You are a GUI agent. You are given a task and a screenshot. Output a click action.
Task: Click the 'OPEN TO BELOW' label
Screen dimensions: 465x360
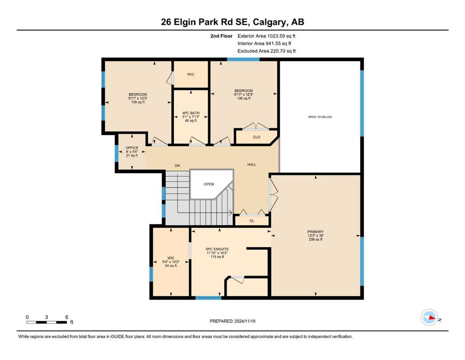point(320,117)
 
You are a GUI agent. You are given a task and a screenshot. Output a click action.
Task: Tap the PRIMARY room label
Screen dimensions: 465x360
point(315,235)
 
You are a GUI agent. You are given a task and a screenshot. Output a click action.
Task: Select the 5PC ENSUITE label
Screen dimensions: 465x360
point(217,253)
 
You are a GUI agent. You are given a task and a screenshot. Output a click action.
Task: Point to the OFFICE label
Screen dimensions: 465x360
point(132,151)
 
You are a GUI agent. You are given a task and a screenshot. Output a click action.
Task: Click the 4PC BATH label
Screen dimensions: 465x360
point(191,117)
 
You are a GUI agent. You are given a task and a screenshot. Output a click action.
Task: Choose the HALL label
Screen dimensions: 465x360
point(252,165)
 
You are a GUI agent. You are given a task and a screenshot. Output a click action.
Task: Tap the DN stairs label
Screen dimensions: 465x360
point(177,165)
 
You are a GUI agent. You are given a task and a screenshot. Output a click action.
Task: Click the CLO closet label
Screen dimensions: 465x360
point(257,137)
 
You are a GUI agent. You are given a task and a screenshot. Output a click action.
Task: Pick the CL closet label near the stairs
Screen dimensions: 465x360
point(252,221)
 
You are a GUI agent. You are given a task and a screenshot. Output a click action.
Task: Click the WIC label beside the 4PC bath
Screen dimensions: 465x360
point(191,75)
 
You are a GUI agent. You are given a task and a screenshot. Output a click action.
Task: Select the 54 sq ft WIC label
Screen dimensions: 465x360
point(171,262)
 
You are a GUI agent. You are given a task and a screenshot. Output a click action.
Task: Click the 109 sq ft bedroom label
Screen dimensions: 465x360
point(138,98)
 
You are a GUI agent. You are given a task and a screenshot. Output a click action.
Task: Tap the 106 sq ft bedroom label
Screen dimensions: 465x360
point(244,94)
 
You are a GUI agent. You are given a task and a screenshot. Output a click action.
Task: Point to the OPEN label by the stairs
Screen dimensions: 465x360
point(209,184)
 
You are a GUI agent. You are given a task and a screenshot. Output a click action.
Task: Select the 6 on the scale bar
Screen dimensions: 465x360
point(66,317)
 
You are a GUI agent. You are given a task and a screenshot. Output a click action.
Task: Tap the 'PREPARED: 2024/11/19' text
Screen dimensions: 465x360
point(232,321)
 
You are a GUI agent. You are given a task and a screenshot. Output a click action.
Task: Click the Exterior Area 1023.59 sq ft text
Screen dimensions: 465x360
point(266,36)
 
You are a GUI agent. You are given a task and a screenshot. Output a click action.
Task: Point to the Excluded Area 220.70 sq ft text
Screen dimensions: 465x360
point(266,51)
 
